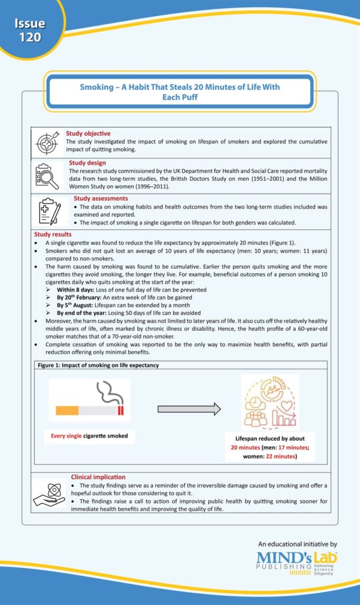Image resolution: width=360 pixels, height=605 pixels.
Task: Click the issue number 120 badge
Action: pos(30,30)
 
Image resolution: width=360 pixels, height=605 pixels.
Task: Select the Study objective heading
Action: pos(88,134)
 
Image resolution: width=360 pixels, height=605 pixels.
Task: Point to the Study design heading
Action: pos(87,162)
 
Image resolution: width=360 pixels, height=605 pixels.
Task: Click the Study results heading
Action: pos(54,235)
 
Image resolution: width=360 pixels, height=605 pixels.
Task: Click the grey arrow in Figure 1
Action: pos(189,408)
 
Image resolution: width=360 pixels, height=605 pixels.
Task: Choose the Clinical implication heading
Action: pos(98,476)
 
